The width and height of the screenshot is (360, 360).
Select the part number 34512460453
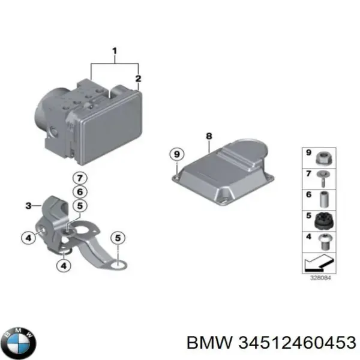[x=297, y=343]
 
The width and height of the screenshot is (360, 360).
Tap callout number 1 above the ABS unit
[x=115, y=51]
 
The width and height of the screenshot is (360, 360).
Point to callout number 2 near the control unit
[x=138, y=79]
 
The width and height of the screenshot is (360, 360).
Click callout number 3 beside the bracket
[x=28, y=206]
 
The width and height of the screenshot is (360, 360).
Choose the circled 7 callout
[x=80, y=178]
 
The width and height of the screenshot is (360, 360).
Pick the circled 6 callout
[x=80, y=192]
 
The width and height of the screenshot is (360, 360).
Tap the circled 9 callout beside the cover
[x=177, y=154]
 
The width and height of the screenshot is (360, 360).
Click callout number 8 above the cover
[x=209, y=136]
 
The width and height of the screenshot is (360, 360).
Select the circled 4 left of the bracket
[x=28, y=238]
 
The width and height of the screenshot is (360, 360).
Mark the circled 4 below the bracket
[x=64, y=266]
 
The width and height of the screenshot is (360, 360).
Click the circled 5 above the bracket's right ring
[x=118, y=238]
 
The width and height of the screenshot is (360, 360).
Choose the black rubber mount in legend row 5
[x=324, y=221]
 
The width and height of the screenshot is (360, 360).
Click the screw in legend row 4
[x=324, y=242]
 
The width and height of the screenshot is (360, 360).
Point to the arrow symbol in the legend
[x=319, y=262]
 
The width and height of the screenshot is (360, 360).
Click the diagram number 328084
[x=320, y=278]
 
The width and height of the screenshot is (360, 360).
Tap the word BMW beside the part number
[x=209, y=343]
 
